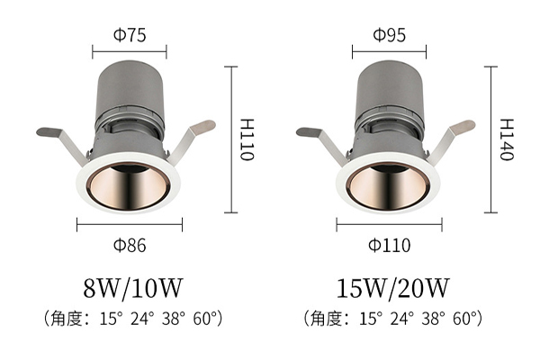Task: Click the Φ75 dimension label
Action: tap(130, 35)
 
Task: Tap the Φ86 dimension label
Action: tap(130, 246)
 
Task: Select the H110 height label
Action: tap(247, 139)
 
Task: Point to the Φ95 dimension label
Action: tap(390, 35)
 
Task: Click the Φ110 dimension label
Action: tap(390, 246)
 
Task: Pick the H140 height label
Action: tap(507, 139)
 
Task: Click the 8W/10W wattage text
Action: tap(132, 288)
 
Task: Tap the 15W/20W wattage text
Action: tap(392, 288)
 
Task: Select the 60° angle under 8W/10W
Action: tap(205, 319)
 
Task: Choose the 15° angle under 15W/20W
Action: tap(371, 319)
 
